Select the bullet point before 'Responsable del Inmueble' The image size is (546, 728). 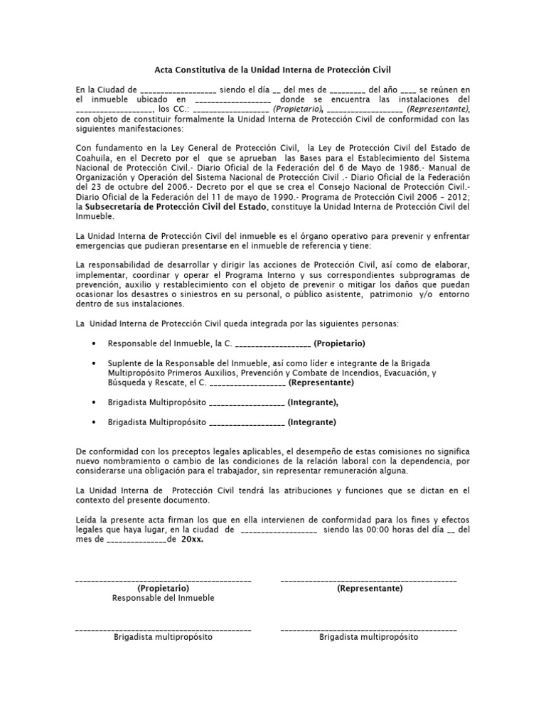[x=95, y=343]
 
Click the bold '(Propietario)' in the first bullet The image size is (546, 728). [x=339, y=343]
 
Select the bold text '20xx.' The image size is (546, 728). [x=192, y=540]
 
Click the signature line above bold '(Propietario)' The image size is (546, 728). [x=163, y=582]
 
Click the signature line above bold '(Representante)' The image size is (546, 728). [x=369, y=582]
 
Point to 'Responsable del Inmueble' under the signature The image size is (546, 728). [x=163, y=599]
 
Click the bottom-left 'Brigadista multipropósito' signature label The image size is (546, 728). [x=163, y=638]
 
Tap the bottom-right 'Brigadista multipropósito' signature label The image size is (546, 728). [x=369, y=638]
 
